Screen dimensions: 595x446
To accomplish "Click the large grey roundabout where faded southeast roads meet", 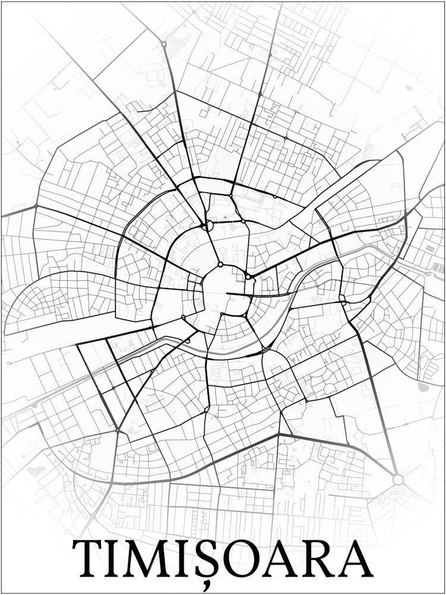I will click(398, 479).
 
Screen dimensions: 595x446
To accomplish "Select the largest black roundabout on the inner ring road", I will click(207, 226).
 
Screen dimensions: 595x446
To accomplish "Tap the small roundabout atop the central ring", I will click(220, 264).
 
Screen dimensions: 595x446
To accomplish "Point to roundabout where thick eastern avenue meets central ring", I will click(248, 277).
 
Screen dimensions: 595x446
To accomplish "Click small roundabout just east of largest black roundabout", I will click(243, 221).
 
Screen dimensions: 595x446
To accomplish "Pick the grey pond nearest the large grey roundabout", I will click(423, 387).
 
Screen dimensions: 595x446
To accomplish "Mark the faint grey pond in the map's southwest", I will click(36, 470).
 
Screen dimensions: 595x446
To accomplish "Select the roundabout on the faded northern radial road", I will click(164, 44).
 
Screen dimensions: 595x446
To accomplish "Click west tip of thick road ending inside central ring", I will click(227, 293).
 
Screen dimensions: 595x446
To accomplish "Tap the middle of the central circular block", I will click(225, 292).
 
